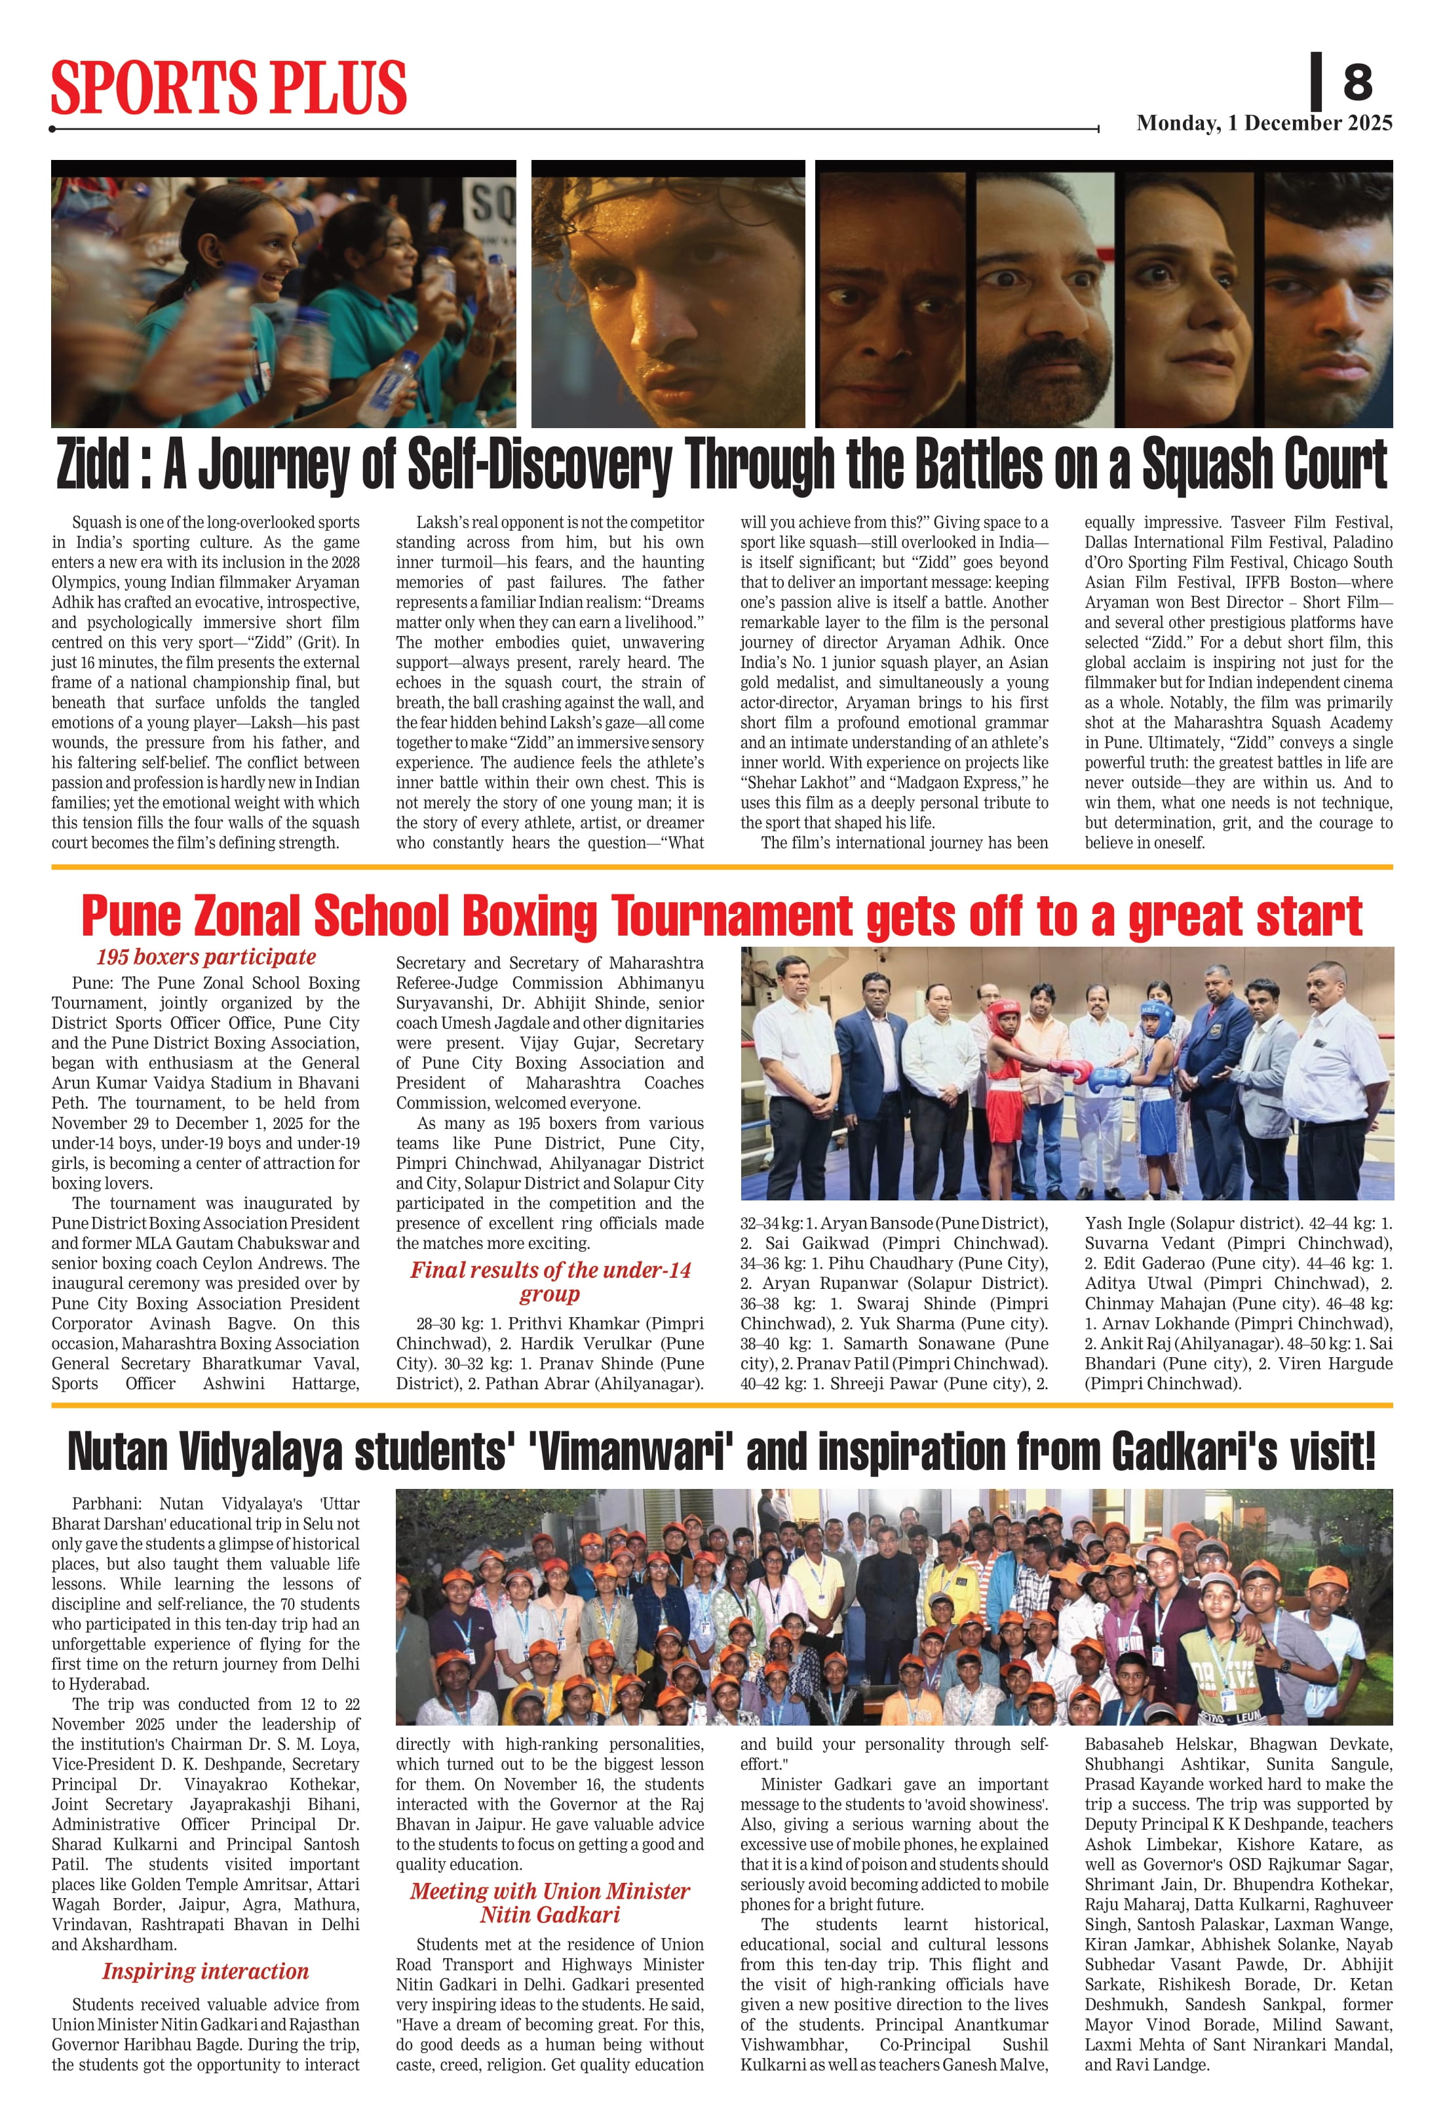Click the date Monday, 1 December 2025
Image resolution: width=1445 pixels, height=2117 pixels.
1264,123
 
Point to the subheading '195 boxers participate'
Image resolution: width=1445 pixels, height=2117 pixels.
206,957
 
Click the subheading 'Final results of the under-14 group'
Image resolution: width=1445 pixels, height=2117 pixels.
550,1282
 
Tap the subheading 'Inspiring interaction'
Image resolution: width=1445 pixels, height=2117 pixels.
206,1971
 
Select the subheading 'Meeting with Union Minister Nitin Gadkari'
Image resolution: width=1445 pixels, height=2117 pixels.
550,1903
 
